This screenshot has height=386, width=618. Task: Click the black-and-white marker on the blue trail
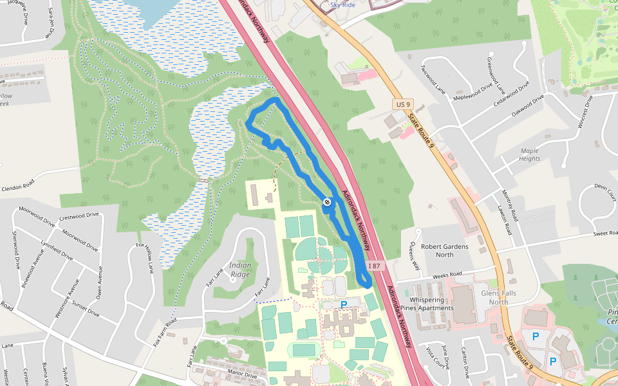[x=327, y=203]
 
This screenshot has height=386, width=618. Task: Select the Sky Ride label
[x=342, y=5]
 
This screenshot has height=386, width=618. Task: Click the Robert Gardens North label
[x=444, y=250]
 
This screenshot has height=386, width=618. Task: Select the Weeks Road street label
[x=448, y=276]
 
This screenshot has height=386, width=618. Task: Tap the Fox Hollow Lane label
[x=145, y=260]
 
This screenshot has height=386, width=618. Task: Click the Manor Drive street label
[x=242, y=373]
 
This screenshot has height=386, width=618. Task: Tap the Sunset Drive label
[x=84, y=308]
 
